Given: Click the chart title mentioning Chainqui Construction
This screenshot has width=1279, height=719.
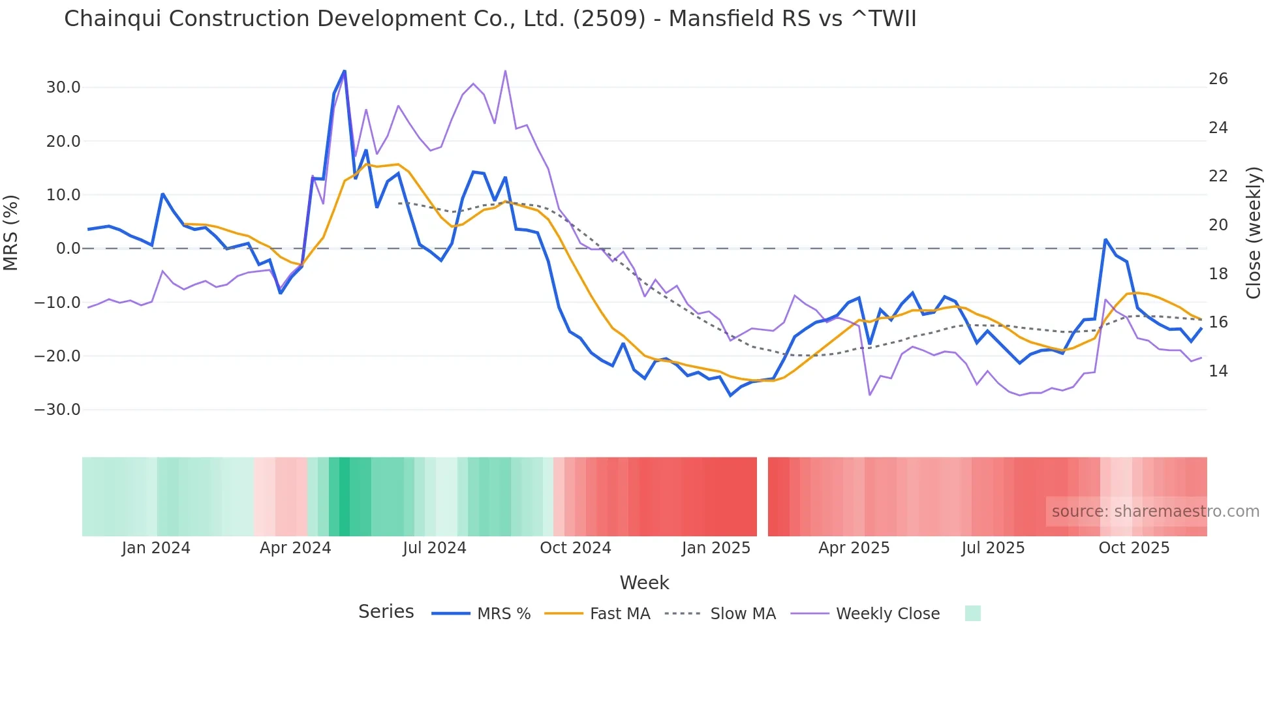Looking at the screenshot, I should (x=489, y=19).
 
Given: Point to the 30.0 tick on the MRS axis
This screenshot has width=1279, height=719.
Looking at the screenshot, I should (x=63, y=87).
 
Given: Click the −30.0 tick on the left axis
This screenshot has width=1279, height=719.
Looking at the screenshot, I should (x=57, y=410).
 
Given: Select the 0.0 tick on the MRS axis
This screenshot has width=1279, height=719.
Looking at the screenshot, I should (x=69, y=249).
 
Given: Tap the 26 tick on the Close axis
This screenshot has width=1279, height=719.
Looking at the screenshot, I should (x=1218, y=79).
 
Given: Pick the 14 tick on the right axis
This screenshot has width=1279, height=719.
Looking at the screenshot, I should (x=1218, y=371).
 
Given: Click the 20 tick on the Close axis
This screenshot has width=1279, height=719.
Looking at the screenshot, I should (x=1218, y=225).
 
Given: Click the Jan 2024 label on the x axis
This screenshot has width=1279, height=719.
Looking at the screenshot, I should (x=156, y=548).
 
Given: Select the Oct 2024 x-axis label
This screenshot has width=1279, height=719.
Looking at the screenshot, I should (x=575, y=548).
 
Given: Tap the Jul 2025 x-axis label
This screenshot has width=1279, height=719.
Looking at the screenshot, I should (x=993, y=548).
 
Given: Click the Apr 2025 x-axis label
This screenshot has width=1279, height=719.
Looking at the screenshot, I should (x=854, y=548).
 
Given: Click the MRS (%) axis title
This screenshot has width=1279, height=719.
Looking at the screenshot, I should (x=11, y=232).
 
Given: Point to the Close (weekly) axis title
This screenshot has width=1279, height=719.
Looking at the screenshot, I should (x=1254, y=233).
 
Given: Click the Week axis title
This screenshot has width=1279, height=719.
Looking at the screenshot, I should (x=644, y=583).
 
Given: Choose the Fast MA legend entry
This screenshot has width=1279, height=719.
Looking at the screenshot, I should (x=619, y=614).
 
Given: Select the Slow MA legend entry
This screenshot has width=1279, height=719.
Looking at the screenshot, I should (x=743, y=614).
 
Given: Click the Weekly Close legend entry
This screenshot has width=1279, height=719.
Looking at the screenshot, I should (x=887, y=614).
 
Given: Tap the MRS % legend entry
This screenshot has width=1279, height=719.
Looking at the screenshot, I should (x=503, y=614).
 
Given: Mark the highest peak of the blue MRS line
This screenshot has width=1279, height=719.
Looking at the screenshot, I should (x=345, y=71).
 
